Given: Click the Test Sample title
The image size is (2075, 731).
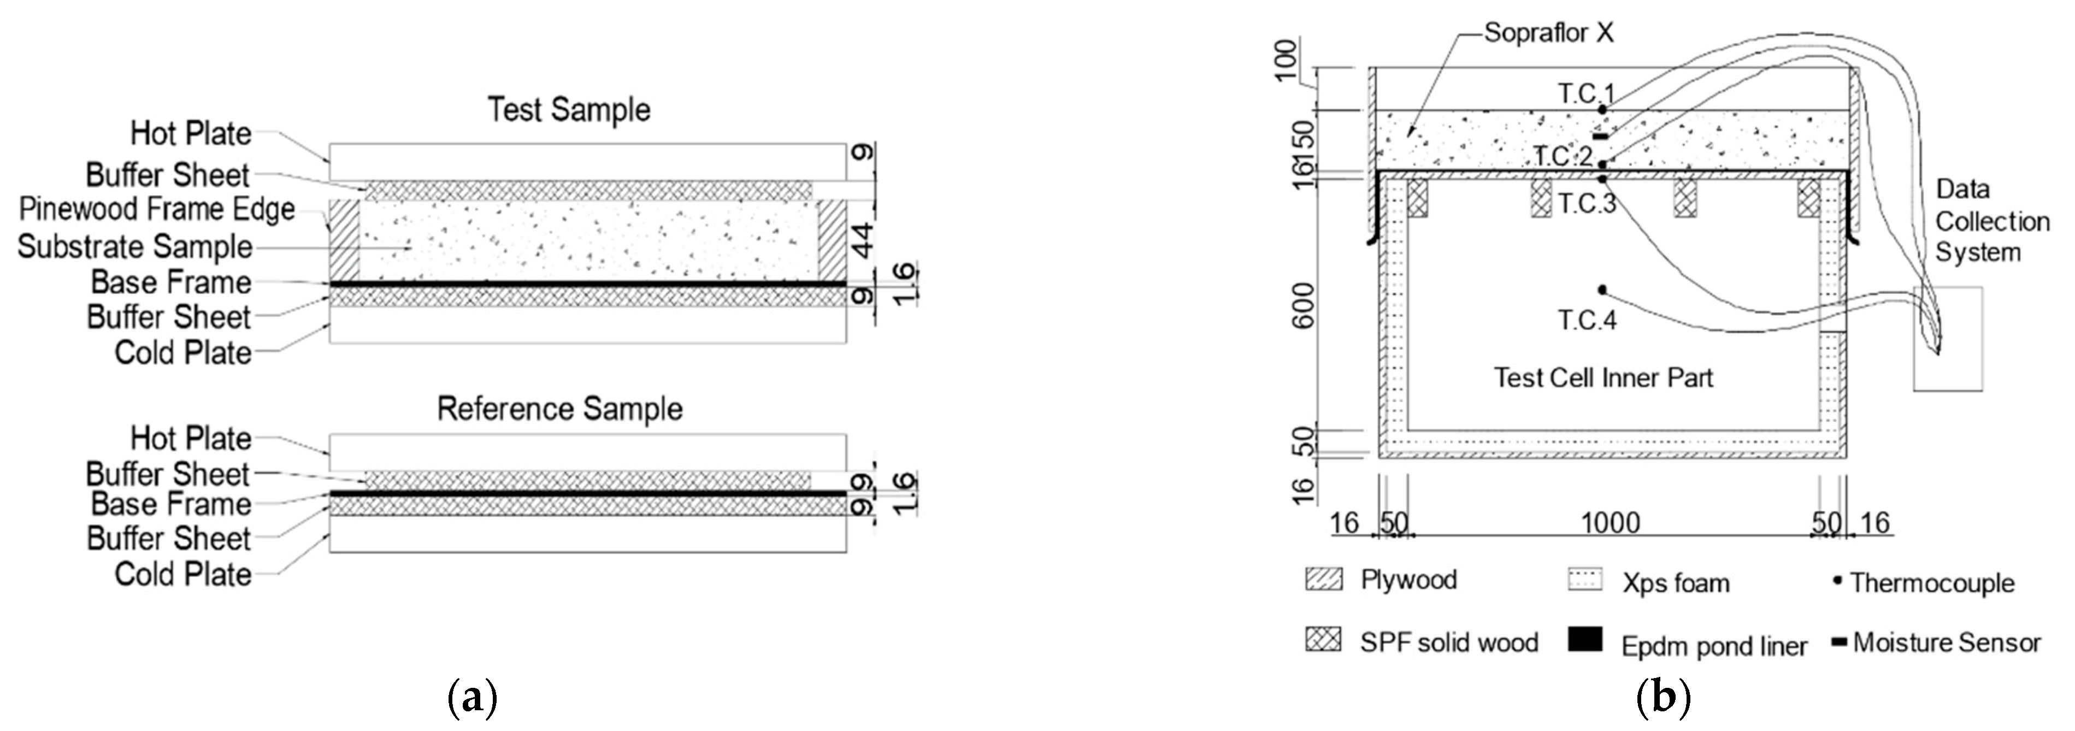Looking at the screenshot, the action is point(569,109).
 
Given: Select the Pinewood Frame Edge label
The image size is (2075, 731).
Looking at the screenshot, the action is point(157,209).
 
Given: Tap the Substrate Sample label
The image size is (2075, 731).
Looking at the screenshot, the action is point(135,247).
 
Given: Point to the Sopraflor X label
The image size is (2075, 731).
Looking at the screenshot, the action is point(1549,33).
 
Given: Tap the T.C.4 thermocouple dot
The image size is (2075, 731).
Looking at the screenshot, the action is point(1602,290).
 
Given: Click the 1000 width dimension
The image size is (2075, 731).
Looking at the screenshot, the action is point(1610,523).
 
